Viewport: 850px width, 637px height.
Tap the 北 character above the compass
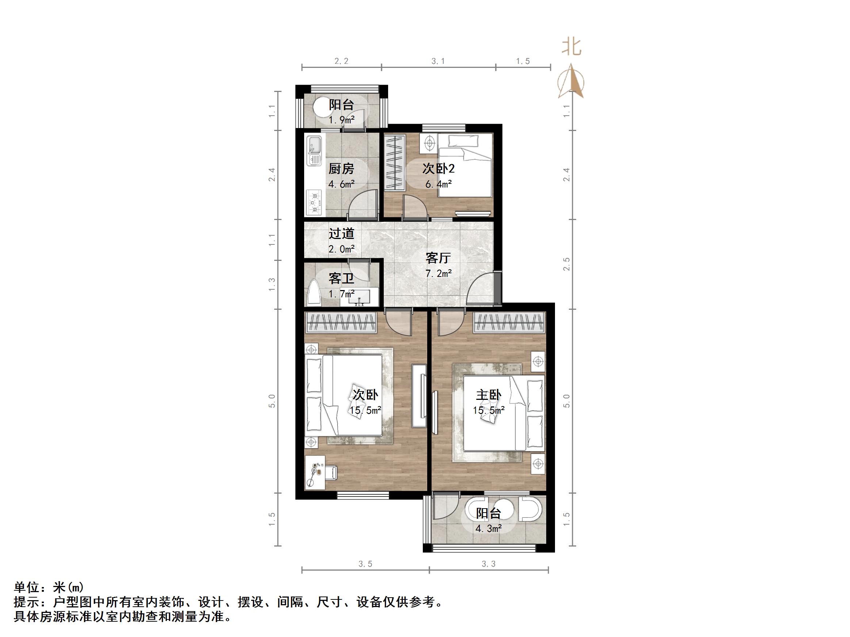pos(571,47)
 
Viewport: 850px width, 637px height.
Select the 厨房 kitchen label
pos(341,169)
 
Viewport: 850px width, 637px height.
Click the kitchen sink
pos(314,151)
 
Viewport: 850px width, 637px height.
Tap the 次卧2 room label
pos(439,169)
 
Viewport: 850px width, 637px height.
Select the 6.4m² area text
pos(439,184)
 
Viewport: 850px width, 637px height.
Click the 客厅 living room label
pos(438,258)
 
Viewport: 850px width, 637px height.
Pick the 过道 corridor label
pos(341,233)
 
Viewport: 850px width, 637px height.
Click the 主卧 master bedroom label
pos(489,395)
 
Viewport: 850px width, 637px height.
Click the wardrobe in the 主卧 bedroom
pos(510,323)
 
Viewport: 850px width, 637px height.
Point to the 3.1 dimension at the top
pos(438,61)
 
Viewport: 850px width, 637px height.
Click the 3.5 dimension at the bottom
pos(365,564)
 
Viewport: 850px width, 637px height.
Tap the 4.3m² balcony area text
pos(489,529)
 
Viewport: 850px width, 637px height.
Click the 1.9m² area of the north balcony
pos(341,120)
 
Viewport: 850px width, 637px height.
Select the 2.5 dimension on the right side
pos(567,264)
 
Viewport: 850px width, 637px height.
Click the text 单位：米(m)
pos(49,587)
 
